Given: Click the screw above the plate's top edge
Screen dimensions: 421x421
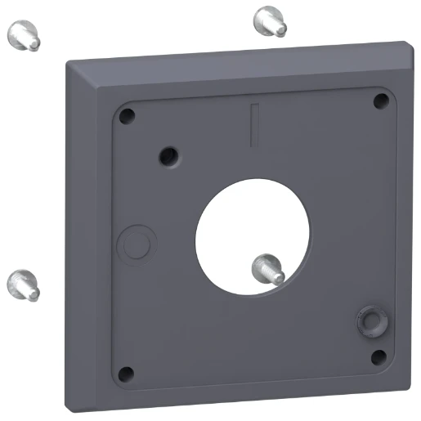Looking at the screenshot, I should (x=271, y=20).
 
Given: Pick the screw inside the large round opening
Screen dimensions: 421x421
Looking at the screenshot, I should (x=267, y=267).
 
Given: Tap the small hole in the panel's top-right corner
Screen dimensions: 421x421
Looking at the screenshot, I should (x=380, y=101).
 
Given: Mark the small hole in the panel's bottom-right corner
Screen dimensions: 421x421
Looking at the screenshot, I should (x=378, y=356).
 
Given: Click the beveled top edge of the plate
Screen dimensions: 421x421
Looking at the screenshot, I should (x=245, y=69).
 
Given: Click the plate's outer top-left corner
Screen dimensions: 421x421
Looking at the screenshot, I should (x=67, y=60).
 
